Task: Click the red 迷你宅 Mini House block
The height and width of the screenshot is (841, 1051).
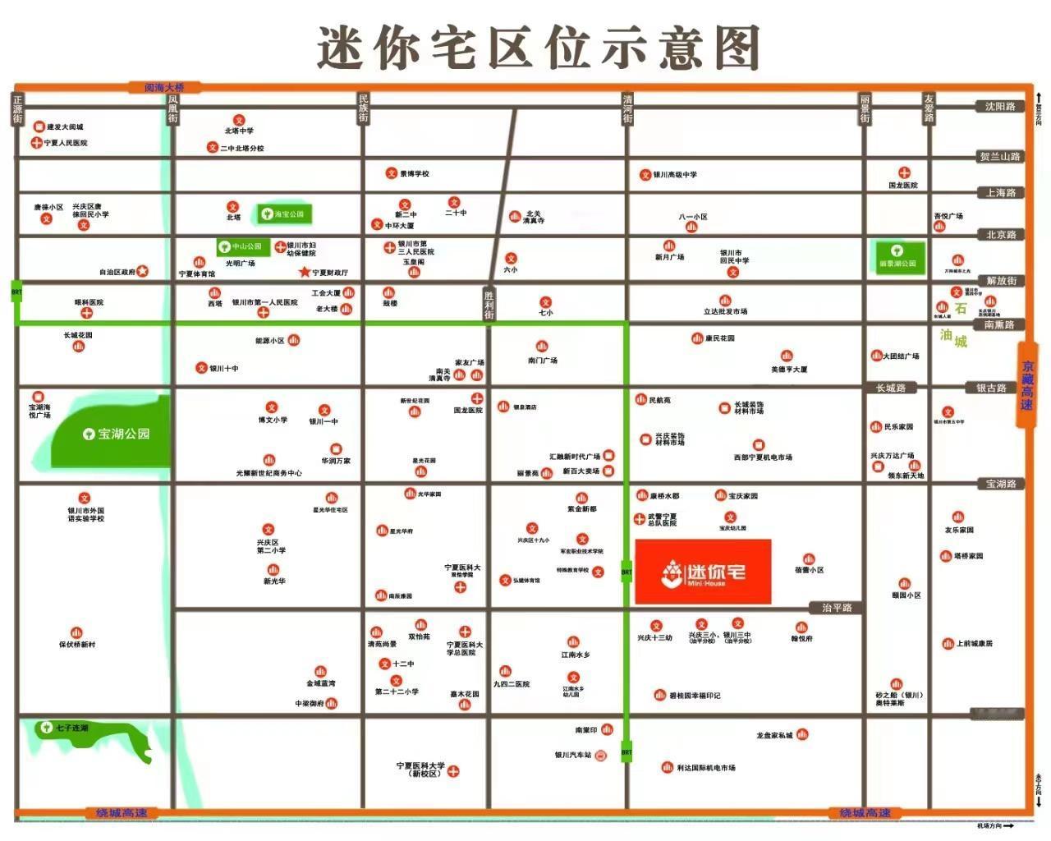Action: coord(703,571)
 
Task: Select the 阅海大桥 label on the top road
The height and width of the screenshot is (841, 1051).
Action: coord(164,87)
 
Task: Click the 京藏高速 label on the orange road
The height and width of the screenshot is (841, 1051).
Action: coord(1027,386)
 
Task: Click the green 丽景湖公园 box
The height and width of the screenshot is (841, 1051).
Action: coord(897,257)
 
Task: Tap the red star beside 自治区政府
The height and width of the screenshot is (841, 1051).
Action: coord(142,271)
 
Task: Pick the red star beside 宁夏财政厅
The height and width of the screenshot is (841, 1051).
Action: coord(305,272)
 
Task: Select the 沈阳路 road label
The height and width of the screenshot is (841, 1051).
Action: coord(1000,107)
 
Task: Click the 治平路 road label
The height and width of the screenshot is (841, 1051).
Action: coord(837,608)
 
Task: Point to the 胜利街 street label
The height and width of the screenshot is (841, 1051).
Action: coord(489,305)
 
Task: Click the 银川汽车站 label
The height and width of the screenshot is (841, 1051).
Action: coord(573,755)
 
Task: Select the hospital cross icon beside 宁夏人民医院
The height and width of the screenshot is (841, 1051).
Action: coord(37,143)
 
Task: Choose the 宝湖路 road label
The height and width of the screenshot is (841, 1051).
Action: coord(1001,484)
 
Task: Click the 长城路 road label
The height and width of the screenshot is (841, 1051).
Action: coord(890,388)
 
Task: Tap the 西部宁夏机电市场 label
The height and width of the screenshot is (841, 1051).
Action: coord(763,457)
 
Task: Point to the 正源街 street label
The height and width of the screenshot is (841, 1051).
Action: coord(18,109)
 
